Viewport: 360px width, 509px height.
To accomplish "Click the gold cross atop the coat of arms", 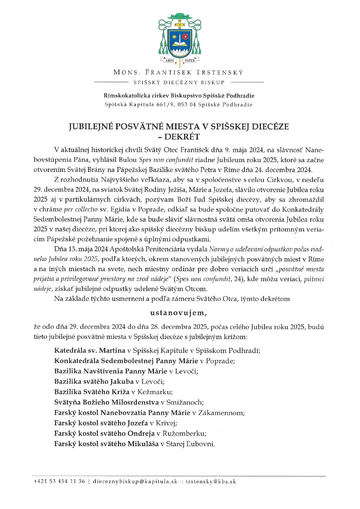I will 180,24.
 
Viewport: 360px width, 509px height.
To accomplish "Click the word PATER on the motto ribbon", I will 190,61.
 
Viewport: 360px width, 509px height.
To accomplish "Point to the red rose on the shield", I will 185,37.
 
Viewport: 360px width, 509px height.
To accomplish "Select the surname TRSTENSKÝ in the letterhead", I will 219,72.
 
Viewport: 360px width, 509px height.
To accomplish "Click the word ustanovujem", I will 179,313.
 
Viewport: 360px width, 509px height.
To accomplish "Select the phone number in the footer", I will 59,481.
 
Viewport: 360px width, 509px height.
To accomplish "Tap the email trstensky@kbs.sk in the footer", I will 211,481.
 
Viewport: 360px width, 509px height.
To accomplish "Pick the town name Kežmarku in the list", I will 155,392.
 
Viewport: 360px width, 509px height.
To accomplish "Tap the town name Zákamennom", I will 221,413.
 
